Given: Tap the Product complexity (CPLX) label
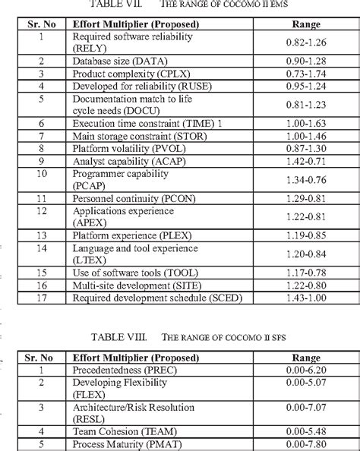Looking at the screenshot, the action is click(125, 74).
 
